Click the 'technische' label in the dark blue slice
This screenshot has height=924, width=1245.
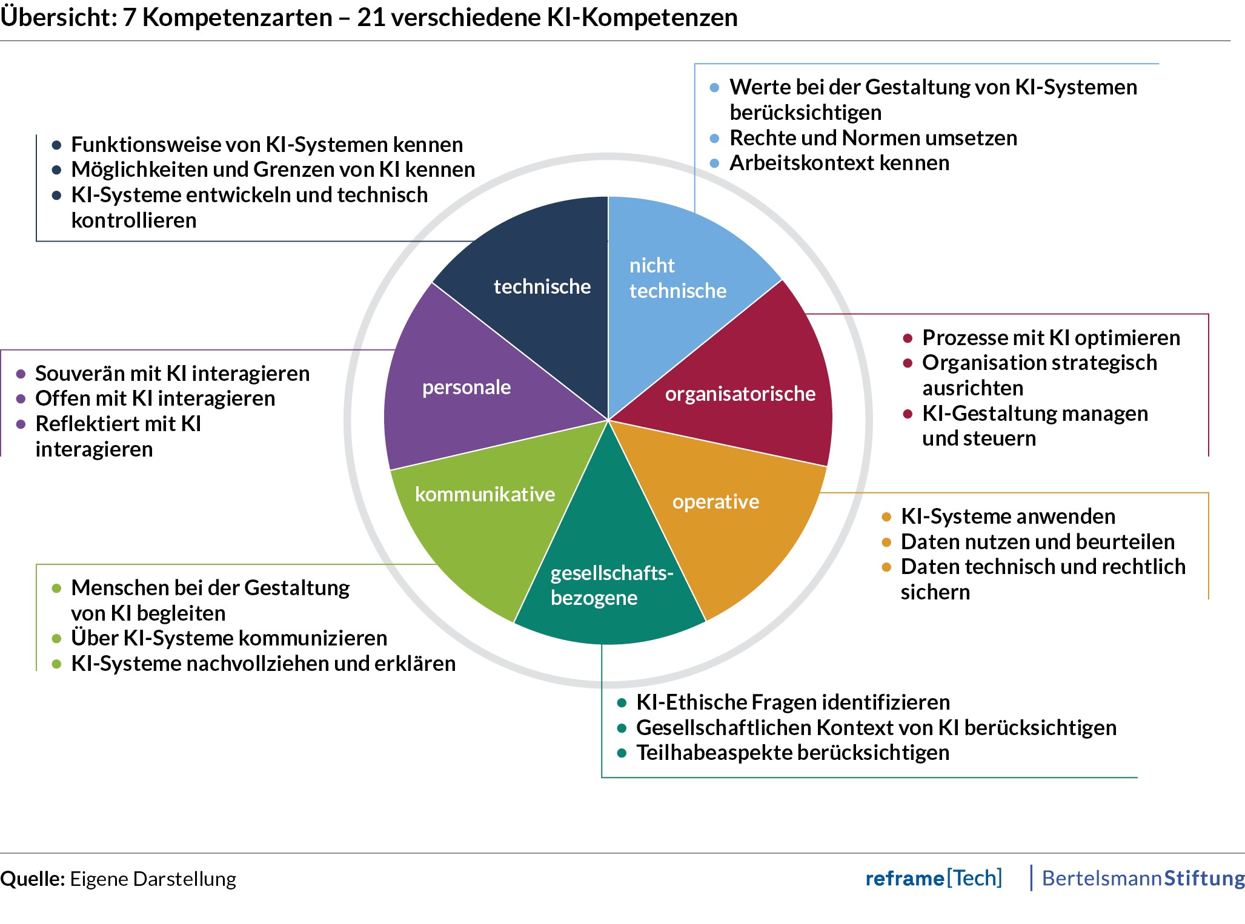542,286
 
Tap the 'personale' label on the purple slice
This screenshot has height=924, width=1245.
466,387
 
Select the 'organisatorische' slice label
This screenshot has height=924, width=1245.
740,394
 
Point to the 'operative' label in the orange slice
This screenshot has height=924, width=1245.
715,501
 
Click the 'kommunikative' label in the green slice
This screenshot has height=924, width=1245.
485,494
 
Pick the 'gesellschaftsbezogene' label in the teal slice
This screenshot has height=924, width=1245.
611,585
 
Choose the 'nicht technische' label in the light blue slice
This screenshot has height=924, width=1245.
677,278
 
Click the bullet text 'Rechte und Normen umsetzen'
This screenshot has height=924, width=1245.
873,138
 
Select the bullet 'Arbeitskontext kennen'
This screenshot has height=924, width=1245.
839,163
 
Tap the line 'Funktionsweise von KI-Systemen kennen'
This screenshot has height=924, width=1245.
267,145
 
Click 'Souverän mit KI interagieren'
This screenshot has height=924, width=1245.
172,374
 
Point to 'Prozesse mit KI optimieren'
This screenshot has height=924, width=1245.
1051,337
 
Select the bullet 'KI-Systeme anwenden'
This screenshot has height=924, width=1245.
1008,516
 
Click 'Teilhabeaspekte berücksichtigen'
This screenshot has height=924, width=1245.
792,753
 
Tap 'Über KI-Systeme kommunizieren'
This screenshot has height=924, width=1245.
229,638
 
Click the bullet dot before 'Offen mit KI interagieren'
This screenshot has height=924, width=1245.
21,399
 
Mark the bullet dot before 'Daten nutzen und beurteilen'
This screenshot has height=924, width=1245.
886,542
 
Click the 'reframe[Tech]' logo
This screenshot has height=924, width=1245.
933,878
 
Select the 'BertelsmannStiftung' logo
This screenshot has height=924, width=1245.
1143,878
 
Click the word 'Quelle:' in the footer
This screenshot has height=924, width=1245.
32,879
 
